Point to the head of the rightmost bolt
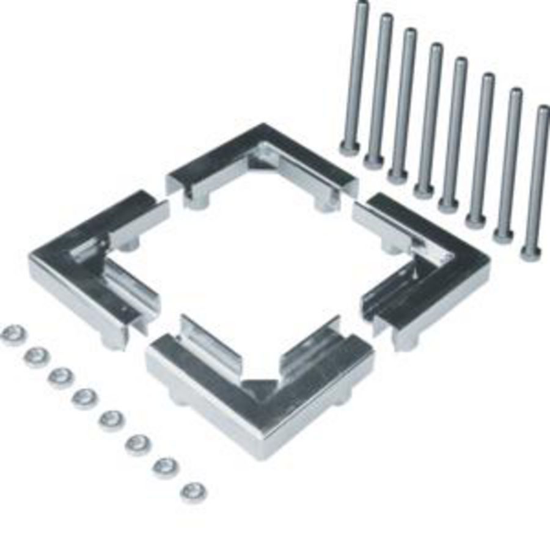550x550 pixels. pyautogui.click(x=530, y=252)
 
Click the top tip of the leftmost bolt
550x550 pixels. pyautogui.click(x=362, y=5)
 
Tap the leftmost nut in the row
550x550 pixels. pyautogui.click(x=13, y=334)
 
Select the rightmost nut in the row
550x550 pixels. pyautogui.click(x=193, y=491)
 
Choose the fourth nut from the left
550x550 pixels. pyautogui.click(x=84, y=398)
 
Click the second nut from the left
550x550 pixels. pyautogui.click(x=37, y=356)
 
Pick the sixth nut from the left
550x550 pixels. pyautogui.click(x=138, y=444)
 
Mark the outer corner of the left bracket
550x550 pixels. pyautogui.click(x=32, y=260)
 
